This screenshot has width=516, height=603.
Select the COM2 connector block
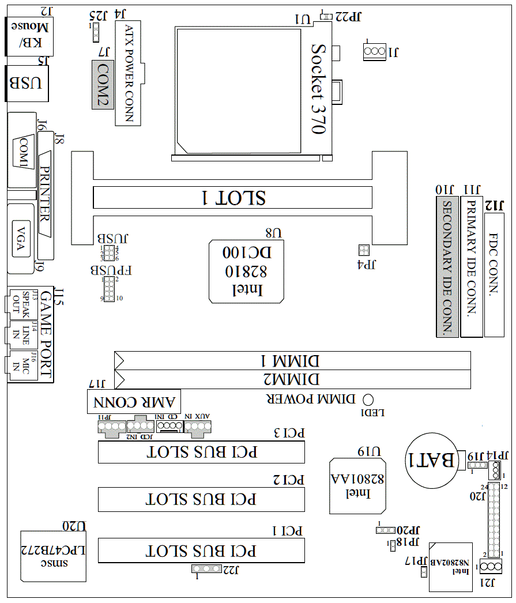point(103,85)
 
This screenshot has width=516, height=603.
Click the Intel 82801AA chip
point(357,485)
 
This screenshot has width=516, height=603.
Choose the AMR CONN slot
point(134,401)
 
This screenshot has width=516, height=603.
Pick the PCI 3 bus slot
point(201,452)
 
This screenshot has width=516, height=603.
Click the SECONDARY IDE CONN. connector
point(447,266)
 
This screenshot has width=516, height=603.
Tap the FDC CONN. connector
point(494,274)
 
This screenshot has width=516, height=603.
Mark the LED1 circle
point(369,399)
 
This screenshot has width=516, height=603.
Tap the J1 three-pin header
point(374,52)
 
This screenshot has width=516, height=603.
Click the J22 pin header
point(208,569)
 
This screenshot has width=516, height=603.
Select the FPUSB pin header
point(109,289)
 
